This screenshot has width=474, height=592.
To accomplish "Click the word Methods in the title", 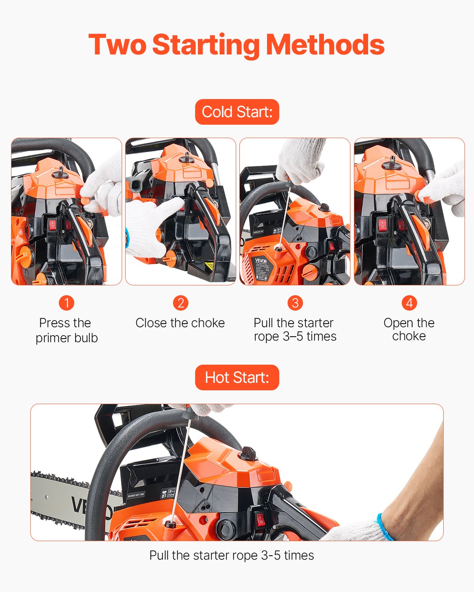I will (325, 45).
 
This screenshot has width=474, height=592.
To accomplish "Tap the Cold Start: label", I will (237, 112).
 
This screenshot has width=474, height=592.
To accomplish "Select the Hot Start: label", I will (237, 378).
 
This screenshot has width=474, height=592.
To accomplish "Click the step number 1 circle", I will (66, 303).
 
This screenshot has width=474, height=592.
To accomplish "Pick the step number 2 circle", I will (181, 303).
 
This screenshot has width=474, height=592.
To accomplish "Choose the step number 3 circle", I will (295, 303).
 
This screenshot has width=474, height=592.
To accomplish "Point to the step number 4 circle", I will (409, 303).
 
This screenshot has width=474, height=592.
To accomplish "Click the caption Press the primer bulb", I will (66, 330).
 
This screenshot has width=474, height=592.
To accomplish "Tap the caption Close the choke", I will (180, 323).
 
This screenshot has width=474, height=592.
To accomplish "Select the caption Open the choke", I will (409, 329).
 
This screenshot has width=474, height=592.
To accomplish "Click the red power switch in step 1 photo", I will (53, 225).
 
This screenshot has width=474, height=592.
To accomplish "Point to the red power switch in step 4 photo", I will (382, 225).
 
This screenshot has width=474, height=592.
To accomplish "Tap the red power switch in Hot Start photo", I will (260, 520).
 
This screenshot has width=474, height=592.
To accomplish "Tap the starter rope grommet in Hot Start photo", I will (170, 524).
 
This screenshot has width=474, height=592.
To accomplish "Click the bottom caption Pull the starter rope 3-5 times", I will (231, 555).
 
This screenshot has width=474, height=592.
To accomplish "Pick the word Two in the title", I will (117, 45).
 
